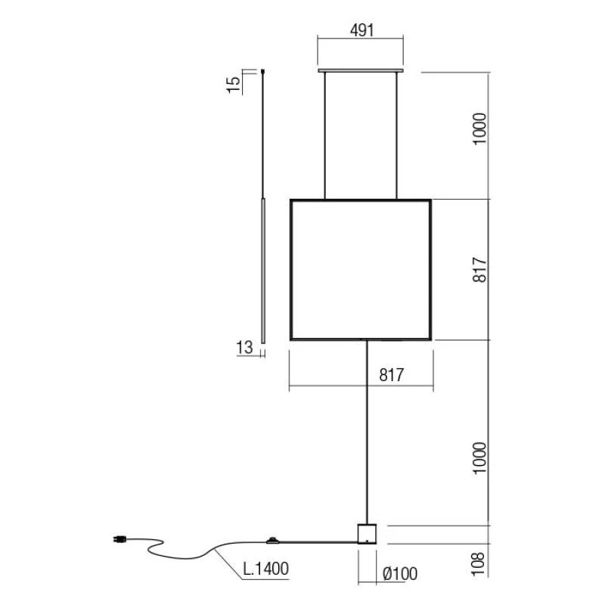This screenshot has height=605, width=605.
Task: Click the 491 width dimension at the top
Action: coord(362,30)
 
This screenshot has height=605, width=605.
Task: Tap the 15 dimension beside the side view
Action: coord(234,85)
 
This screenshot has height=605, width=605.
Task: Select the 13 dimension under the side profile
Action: coord(244,347)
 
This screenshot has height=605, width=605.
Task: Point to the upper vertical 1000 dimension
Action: coord(479,129)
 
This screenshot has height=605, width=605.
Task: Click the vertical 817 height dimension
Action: coord(479,270)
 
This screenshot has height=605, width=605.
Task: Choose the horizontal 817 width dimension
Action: coord(391,374)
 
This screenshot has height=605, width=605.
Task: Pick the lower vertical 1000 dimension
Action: coord(479,458)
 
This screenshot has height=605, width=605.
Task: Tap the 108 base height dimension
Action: coord(478,563)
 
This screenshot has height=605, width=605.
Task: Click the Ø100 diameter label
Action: coord(400,574)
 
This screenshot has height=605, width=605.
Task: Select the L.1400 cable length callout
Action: coord(266,569)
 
